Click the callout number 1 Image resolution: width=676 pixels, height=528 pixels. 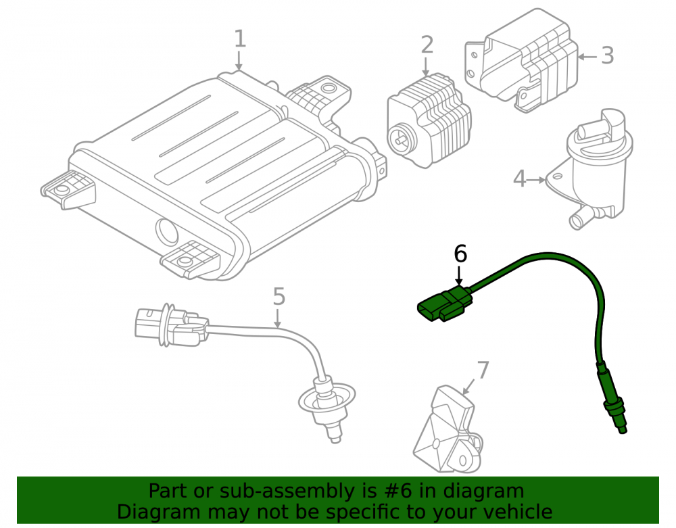pos(240,39)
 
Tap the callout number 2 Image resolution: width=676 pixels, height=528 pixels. pos(427,45)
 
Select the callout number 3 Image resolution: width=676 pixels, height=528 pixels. pos(608,55)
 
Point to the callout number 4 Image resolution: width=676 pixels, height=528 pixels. pos(519,179)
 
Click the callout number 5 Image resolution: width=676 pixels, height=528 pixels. pos(279,297)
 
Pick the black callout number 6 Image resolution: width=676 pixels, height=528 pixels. pos(460,254)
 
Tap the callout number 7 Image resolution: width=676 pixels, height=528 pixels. pos(483,370)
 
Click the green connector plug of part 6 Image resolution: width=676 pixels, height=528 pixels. pos(444,305)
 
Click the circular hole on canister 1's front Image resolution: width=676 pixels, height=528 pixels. pos(166,232)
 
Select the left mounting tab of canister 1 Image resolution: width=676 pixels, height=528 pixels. pos(68,190)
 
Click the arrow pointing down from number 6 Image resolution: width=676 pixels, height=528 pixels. pos(459,276)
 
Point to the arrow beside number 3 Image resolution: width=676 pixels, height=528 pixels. pos(587,57)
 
